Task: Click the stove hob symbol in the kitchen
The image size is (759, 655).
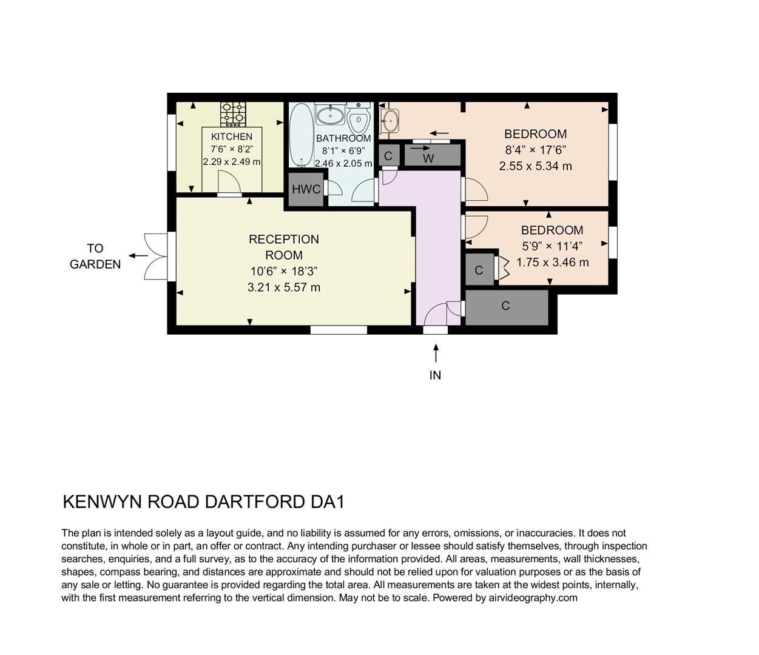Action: (233, 113)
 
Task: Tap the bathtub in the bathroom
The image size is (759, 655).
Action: (300, 135)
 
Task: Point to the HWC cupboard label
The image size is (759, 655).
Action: (306, 189)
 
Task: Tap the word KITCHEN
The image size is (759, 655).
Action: (232, 136)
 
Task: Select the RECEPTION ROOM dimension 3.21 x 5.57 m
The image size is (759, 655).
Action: (283, 287)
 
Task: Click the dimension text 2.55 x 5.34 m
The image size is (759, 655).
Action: (535, 166)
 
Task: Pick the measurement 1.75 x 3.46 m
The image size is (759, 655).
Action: (552, 263)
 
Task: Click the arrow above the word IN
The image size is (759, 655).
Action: (435, 353)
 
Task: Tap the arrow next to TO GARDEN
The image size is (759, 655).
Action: (138, 255)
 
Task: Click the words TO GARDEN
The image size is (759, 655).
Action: (95, 256)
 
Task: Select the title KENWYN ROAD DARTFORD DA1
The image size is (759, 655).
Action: (204, 502)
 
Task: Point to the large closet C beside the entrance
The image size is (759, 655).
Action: (506, 306)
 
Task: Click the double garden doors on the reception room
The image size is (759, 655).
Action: (157, 255)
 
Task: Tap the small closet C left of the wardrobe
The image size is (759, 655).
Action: (388, 155)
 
